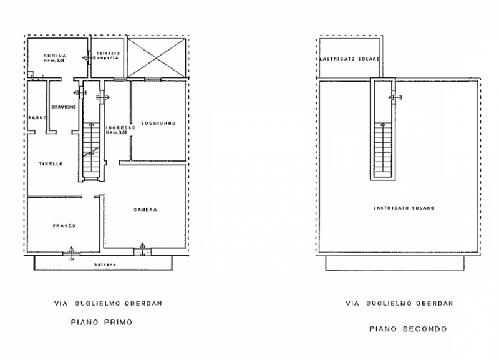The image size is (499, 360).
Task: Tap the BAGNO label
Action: (x=35, y=117)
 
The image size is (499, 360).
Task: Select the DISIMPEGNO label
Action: (x=64, y=105)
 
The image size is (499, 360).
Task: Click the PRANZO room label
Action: (x=64, y=225)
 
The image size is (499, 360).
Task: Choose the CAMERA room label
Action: (x=145, y=210)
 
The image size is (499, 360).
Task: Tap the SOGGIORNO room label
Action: (x=158, y=123)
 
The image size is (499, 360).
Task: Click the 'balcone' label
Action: (x=104, y=264)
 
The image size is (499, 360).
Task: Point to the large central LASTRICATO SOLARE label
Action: (x=395, y=208)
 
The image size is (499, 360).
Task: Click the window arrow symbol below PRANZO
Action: (x=72, y=251)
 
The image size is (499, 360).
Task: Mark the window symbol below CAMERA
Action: (x=143, y=248)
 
